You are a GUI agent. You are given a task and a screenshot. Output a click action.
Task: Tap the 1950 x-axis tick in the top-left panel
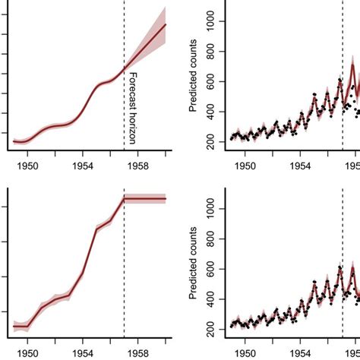point(28,164)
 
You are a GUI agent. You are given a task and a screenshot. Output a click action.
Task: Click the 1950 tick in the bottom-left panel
point(28,352)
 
